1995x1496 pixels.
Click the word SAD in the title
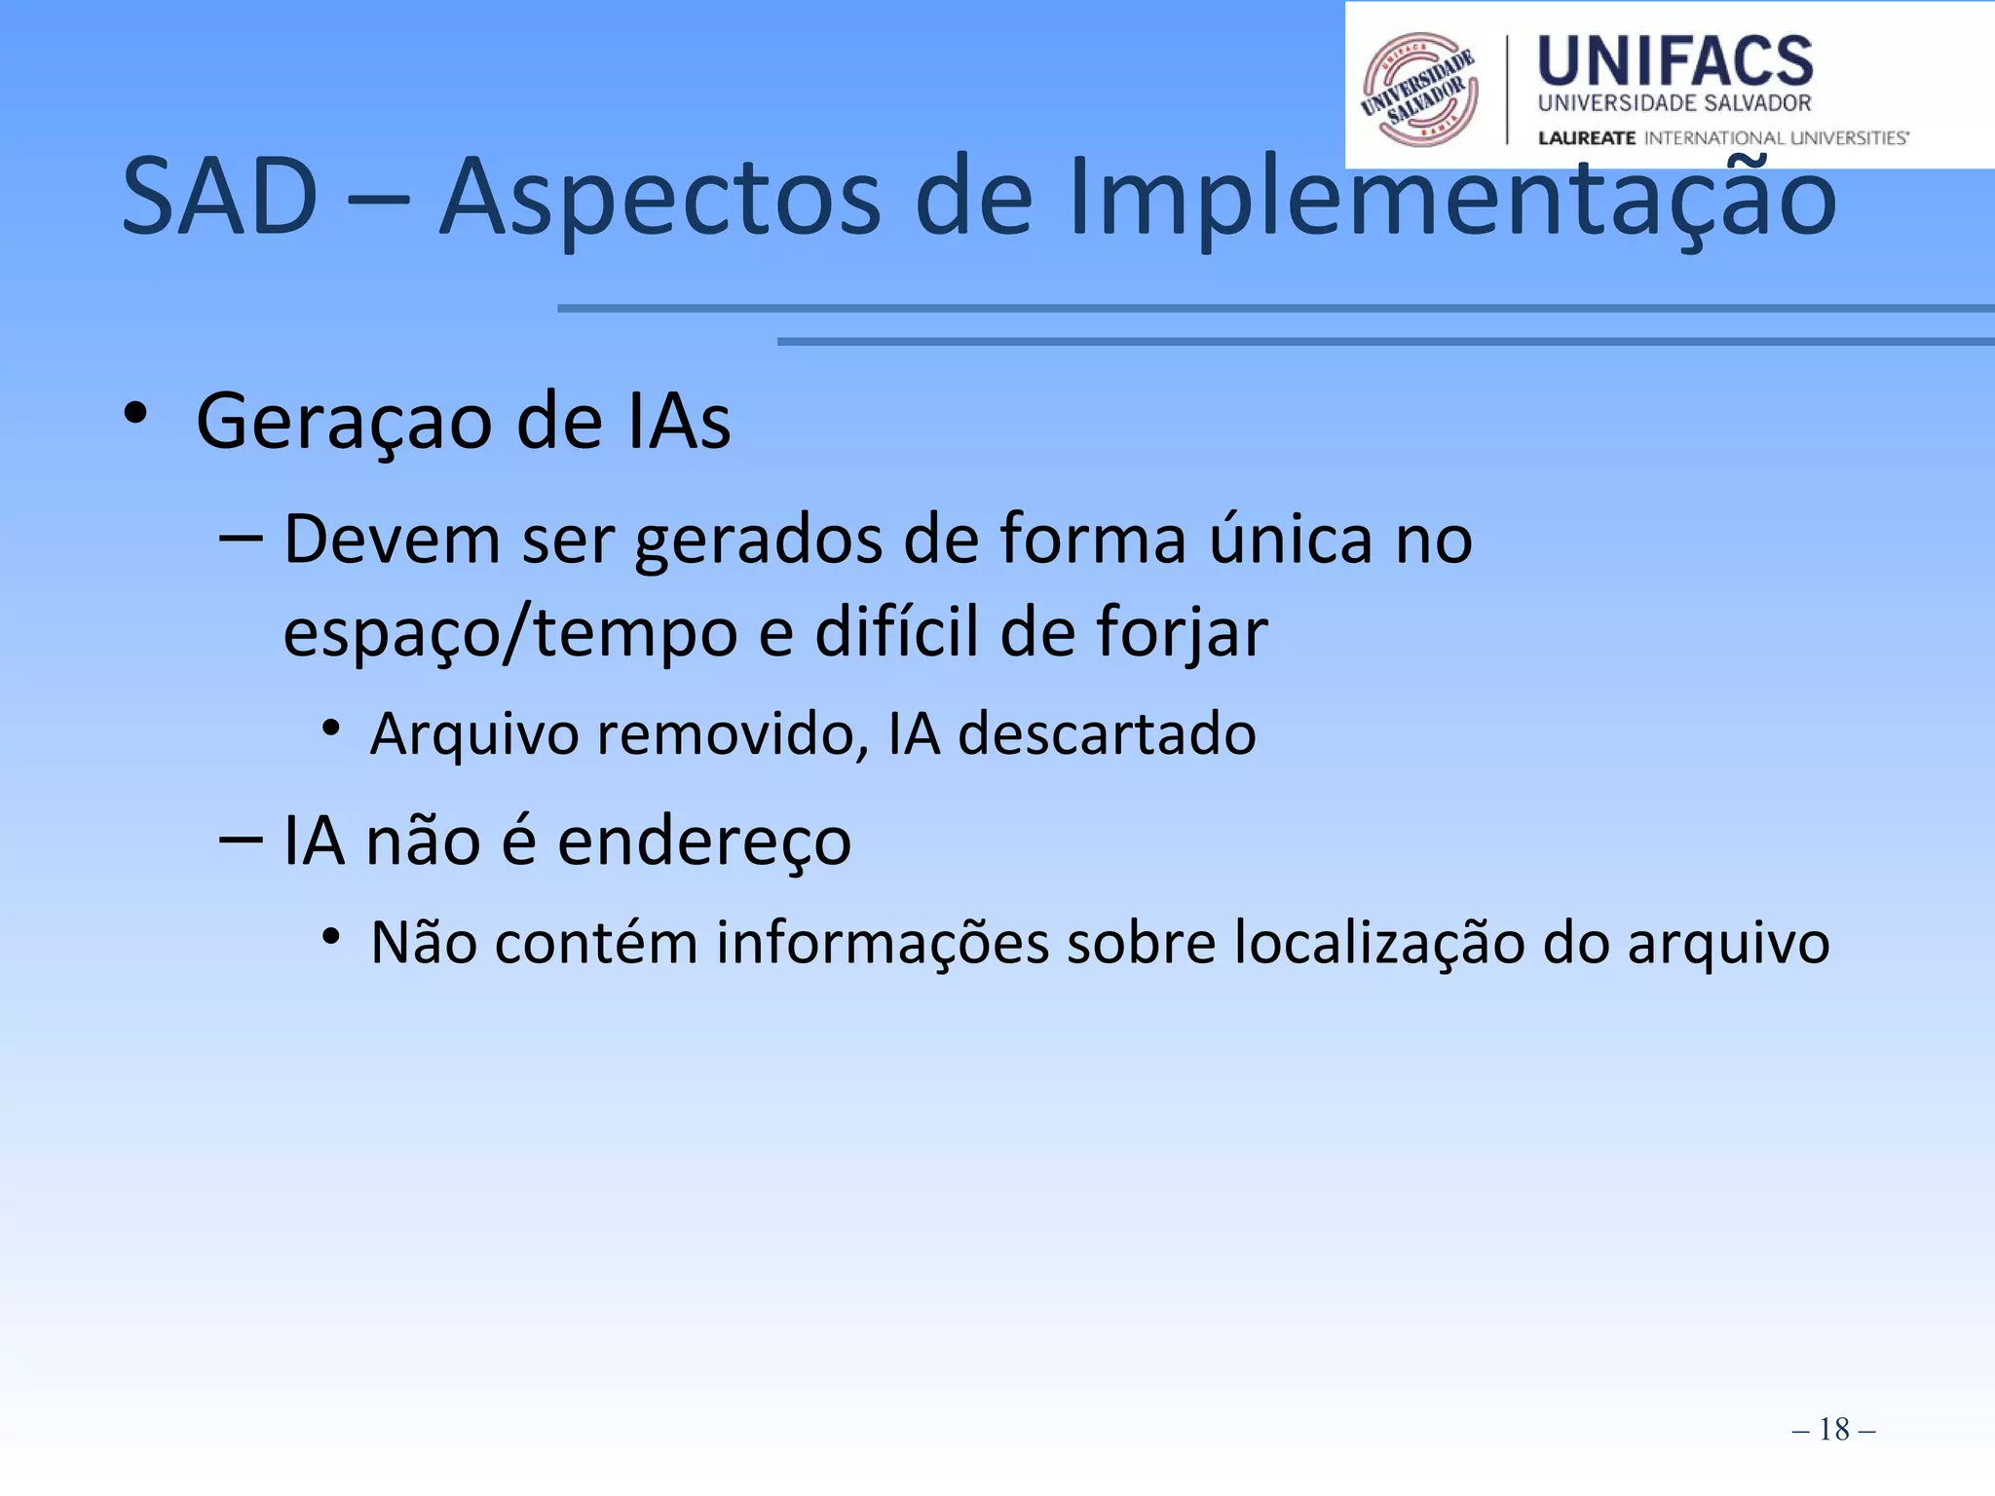click(x=220, y=198)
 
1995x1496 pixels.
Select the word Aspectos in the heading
click(x=660, y=200)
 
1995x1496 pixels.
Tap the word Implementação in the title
click(x=1451, y=200)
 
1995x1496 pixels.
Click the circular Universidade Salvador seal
click(x=1419, y=90)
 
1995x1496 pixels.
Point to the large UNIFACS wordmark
click(x=1675, y=60)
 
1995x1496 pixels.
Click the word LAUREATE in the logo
click(x=1586, y=138)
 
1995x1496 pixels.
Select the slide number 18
click(x=1833, y=1429)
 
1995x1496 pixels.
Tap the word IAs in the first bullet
click(x=679, y=422)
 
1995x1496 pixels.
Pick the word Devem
click(x=392, y=540)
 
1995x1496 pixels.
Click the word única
click(x=1291, y=538)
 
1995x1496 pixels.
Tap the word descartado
click(x=1107, y=733)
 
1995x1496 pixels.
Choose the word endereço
click(x=704, y=841)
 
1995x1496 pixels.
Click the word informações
click(x=883, y=944)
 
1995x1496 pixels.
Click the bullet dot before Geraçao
click(x=135, y=414)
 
